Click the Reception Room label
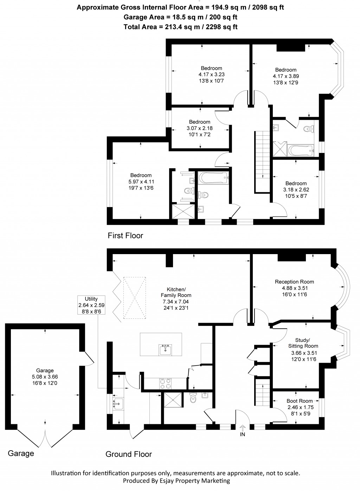coord(294,282)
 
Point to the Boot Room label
coord(300,401)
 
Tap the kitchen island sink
coord(166,350)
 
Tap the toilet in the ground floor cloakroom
coord(193,399)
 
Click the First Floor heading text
coord(125,235)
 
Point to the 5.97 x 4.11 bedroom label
coord(141,182)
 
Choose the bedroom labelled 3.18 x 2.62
coord(296,189)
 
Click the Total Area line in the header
coord(180,27)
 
